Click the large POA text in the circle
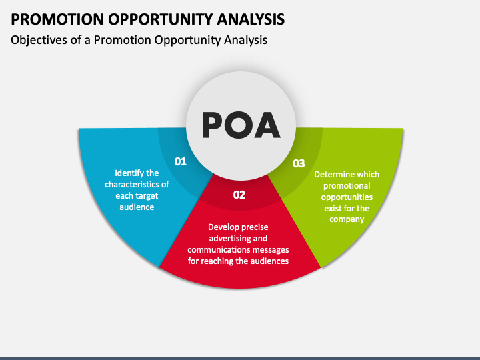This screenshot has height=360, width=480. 240,125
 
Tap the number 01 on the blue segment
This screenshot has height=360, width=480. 180,161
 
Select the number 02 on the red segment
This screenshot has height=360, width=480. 239,195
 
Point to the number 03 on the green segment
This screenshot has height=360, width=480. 299,163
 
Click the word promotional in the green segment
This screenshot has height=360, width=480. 347,186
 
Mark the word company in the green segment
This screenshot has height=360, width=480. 347,219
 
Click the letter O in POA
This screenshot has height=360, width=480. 240,125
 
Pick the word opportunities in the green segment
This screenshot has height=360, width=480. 347,197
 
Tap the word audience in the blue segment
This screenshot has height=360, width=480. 137,207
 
